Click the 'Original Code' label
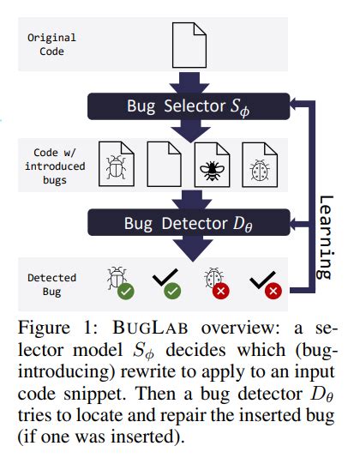52,45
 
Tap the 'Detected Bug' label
52,285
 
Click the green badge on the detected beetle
126,292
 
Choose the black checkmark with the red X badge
262,281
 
